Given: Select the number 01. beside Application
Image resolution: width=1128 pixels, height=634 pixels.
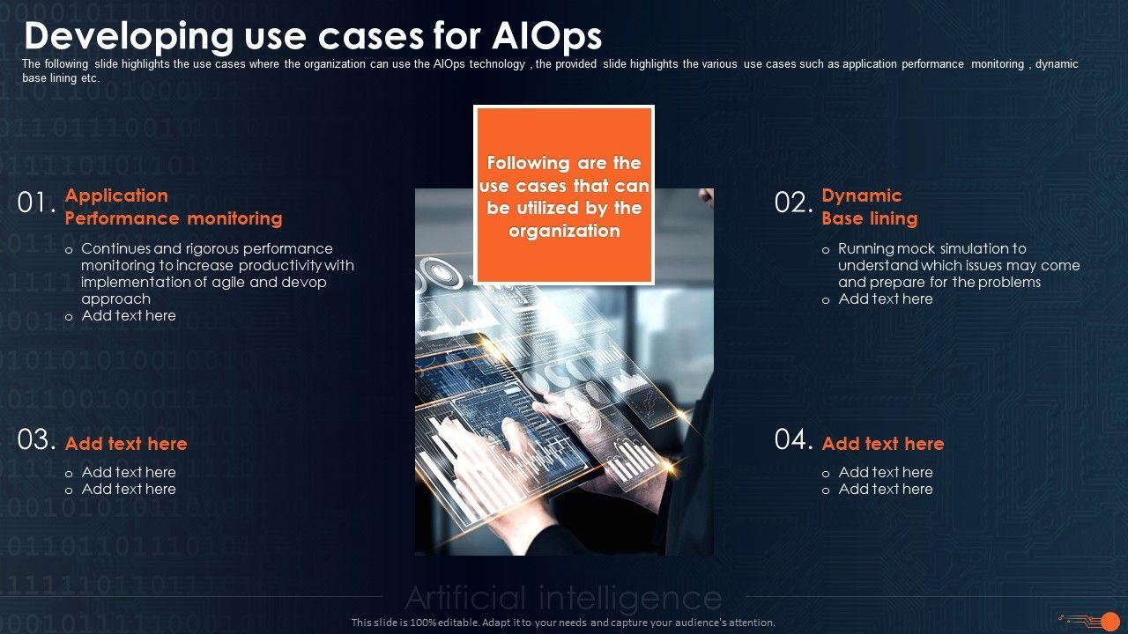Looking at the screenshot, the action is pyautogui.click(x=37, y=203).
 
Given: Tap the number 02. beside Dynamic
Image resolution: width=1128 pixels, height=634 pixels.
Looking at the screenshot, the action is pyautogui.click(x=793, y=203).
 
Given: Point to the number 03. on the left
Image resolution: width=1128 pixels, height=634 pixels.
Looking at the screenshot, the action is pyautogui.click(x=37, y=439).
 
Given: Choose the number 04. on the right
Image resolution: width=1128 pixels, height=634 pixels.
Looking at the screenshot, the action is pyautogui.click(x=793, y=439).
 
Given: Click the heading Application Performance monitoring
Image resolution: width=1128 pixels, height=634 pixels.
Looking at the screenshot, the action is pyautogui.click(x=173, y=207).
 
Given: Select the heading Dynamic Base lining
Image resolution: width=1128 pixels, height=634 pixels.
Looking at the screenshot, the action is pyautogui.click(x=869, y=207).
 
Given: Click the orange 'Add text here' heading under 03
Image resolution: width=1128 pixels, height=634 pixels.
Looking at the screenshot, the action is pyautogui.click(x=126, y=444).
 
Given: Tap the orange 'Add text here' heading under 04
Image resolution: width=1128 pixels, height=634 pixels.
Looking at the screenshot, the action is pyautogui.click(x=882, y=444).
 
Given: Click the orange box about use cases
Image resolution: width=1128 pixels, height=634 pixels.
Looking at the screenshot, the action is pyautogui.click(x=564, y=195).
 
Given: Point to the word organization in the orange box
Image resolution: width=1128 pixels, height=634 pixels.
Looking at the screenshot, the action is pyautogui.click(x=564, y=232).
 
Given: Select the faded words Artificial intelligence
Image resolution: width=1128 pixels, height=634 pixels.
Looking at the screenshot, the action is pyautogui.click(x=563, y=599).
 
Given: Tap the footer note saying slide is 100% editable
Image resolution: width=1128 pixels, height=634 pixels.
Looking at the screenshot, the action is pyautogui.click(x=563, y=623).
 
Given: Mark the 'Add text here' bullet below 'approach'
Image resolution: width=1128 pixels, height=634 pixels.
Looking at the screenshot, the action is pyautogui.click(x=129, y=315).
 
